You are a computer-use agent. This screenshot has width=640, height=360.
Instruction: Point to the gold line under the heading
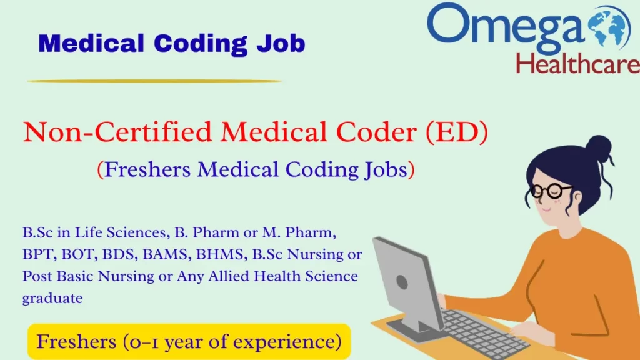click(155, 81)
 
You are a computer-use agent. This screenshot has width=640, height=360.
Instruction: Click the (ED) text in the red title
click(458, 133)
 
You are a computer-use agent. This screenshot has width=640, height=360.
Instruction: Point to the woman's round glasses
click(550, 191)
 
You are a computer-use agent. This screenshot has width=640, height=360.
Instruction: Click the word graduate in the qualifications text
click(52, 298)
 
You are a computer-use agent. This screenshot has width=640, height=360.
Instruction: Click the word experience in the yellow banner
click(293, 342)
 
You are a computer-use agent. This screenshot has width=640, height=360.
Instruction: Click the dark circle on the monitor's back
click(402, 282)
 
